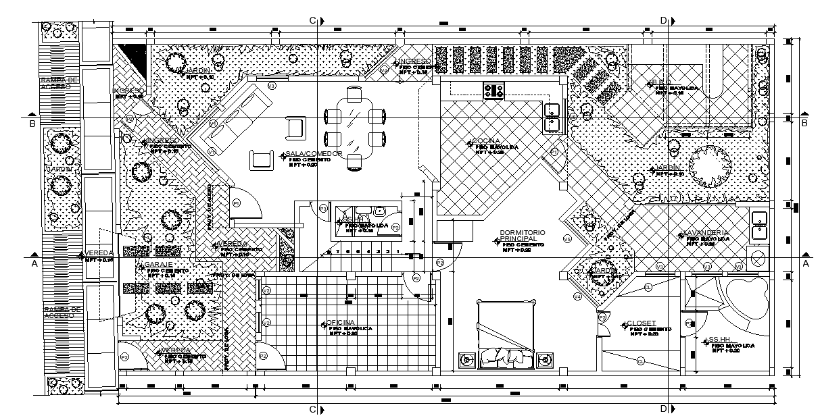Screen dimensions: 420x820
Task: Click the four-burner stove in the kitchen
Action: [x=493, y=90]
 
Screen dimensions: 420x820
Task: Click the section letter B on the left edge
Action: [x=32, y=124]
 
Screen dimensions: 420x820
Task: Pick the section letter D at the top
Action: [x=663, y=21]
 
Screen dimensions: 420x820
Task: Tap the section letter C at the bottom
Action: [x=312, y=409]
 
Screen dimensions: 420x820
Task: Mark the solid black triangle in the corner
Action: [x=139, y=57]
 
